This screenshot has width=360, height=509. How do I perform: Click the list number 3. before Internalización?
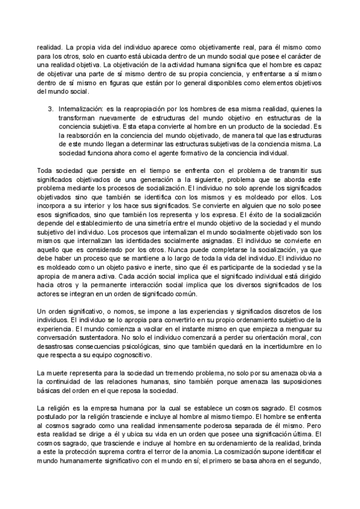pos(50,109)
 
